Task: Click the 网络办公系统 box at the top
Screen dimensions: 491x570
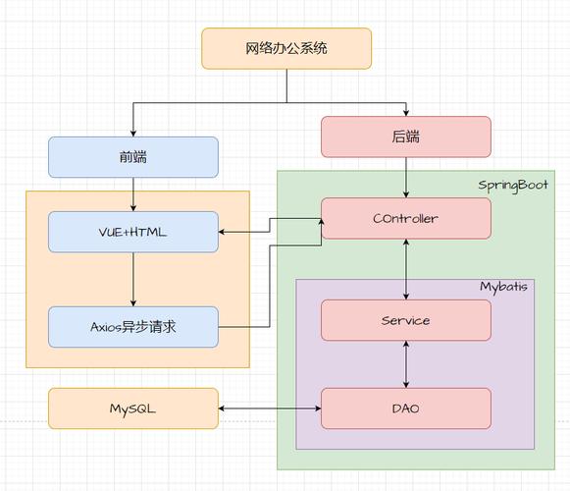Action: [286, 48]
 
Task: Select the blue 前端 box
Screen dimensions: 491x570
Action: [133, 157]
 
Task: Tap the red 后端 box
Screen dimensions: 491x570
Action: [406, 136]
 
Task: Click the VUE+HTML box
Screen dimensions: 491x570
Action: [133, 233]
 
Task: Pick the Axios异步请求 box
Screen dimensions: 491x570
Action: [133, 327]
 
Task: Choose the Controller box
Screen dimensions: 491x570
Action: [406, 218]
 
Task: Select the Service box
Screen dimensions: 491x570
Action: [406, 320]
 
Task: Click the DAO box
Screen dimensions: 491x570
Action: [406, 409]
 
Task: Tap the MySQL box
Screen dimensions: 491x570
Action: [133, 409]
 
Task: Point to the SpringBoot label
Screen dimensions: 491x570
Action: [513, 185]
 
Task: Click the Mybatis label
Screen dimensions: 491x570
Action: [503, 287]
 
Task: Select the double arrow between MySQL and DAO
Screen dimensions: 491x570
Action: [270, 409]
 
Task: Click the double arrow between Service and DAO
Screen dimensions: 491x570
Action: [406, 364]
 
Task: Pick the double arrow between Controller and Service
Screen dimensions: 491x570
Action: [406, 269]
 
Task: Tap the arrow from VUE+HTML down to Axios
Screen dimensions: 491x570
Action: [133, 280]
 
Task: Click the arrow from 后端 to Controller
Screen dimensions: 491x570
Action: [406, 178]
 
